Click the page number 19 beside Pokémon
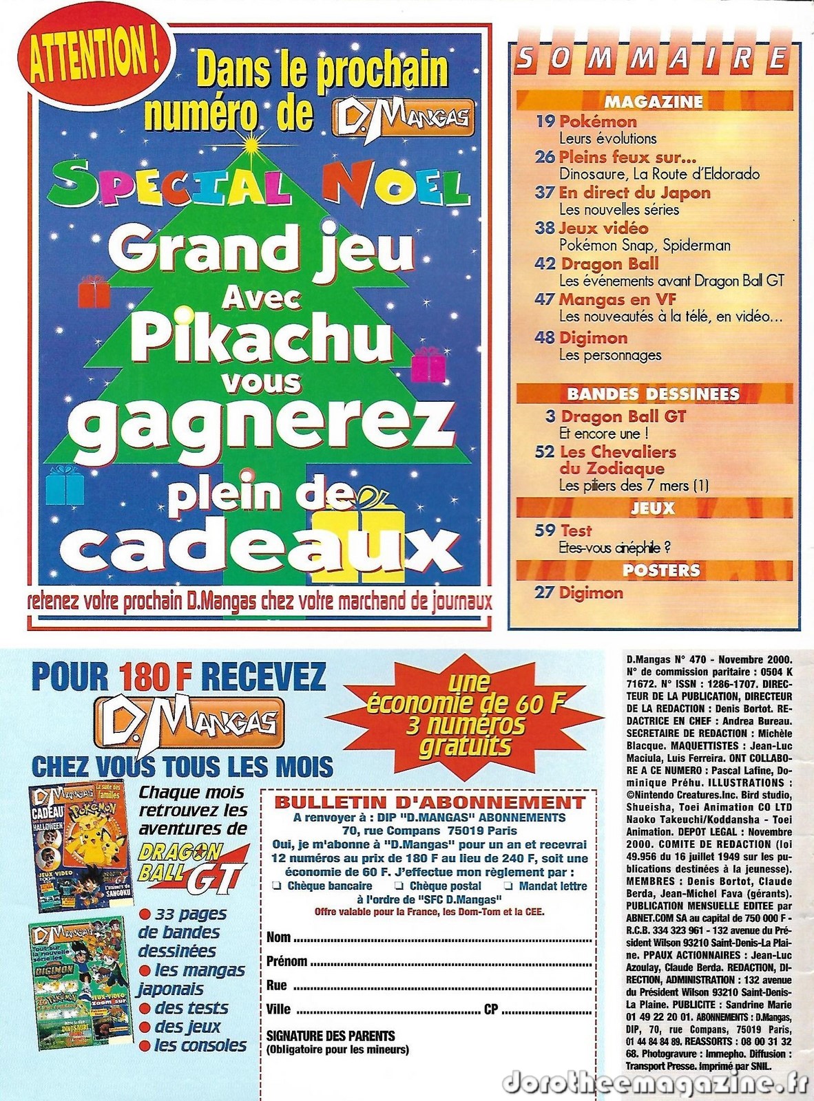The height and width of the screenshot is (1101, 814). pos(545,121)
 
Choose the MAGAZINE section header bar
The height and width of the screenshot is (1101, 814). pos(654,102)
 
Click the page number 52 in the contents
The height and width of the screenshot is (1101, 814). pos(545,452)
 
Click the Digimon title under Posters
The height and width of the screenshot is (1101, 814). pos(591,592)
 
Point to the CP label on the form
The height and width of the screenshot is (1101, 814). pos(491,1009)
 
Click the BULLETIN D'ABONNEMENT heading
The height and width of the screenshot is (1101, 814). pos(429,802)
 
